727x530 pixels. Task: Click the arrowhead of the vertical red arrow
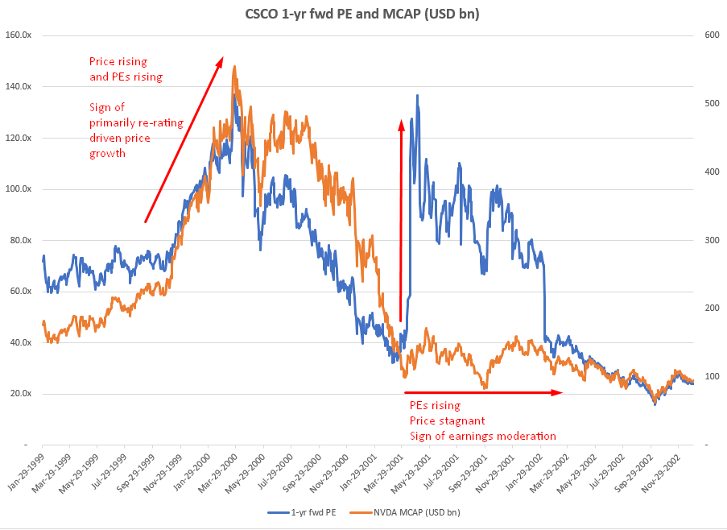tap(400, 123)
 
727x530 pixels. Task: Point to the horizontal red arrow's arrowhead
tap(559, 392)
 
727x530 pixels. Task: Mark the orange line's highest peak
tap(233, 67)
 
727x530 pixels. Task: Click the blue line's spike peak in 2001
tap(417, 95)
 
